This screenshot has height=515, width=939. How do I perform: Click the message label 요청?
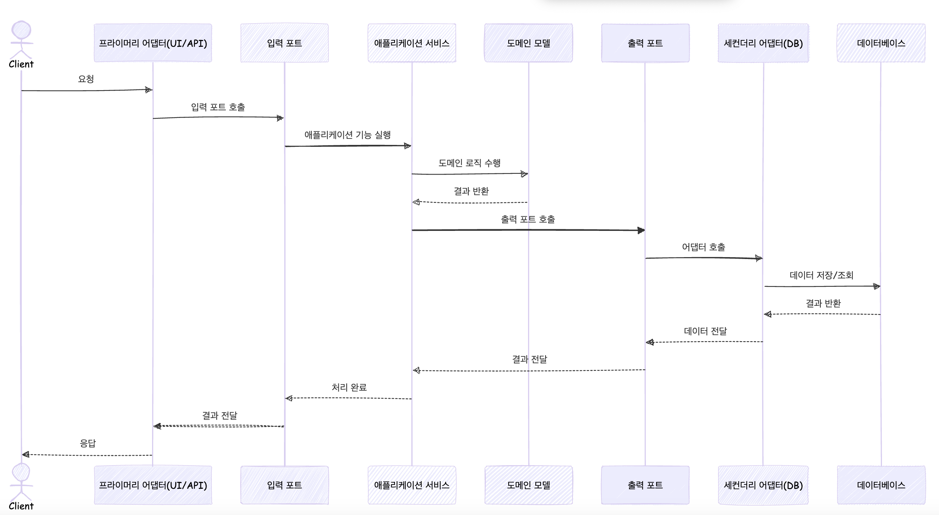click(86, 79)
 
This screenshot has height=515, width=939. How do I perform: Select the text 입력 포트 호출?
click(218, 107)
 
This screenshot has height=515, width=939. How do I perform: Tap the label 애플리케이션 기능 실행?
click(347, 135)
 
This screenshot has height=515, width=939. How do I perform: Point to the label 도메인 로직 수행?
click(469, 163)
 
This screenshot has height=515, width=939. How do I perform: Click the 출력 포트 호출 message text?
click(528, 219)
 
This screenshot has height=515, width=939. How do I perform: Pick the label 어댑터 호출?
click(703, 247)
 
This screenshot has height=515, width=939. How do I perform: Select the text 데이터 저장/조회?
click(822, 275)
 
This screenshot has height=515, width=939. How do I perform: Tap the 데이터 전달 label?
click(705, 331)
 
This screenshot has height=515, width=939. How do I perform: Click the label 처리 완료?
click(349, 388)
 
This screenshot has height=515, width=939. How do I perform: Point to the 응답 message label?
click(88, 443)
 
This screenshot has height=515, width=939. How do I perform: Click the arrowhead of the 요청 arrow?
click(149, 90)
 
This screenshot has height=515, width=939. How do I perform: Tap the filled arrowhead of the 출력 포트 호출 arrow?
click(641, 230)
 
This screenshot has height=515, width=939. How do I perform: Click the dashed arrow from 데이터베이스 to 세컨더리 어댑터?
click(823, 314)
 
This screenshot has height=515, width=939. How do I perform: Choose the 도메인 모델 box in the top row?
click(528, 43)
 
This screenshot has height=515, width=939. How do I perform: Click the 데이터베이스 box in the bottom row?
click(881, 485)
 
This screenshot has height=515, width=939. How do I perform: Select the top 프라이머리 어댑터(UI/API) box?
click(153, 43)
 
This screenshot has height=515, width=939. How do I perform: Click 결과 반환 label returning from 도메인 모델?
click(471, 191)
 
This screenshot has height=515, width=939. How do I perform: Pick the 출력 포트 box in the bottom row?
click(645, 485)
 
